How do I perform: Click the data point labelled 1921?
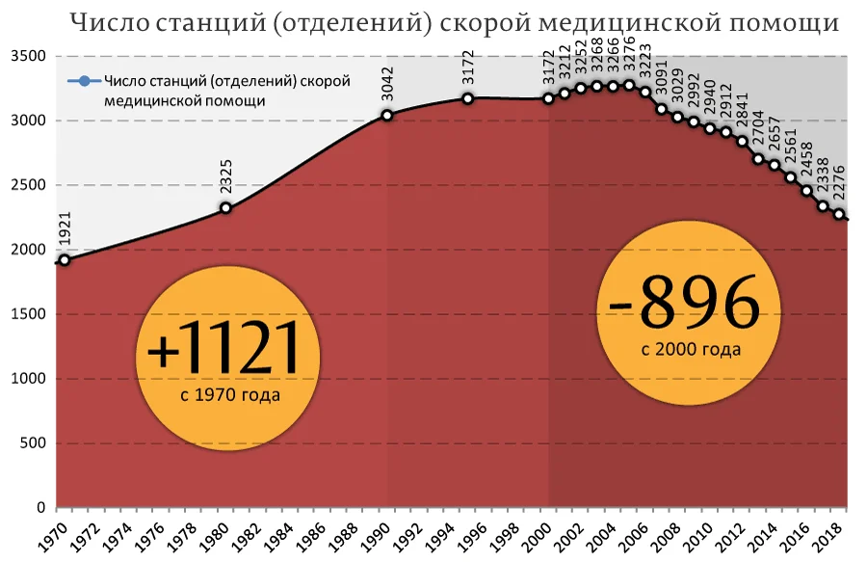[65, 259]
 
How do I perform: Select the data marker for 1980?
[225, 207]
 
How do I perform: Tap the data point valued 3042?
[387, 116]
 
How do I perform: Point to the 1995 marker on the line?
[467, 98]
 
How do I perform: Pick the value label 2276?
[839, 183]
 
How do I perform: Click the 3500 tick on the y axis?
[28, 57]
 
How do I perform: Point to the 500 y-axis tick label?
[33, 443]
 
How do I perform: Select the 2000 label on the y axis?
[28, 250]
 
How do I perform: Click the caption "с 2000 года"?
[691, 349]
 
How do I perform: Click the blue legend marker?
[85, 82]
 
